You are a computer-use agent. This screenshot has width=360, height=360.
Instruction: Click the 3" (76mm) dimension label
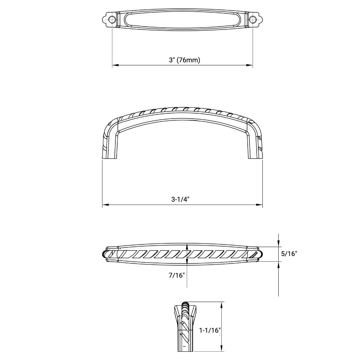[184, 60]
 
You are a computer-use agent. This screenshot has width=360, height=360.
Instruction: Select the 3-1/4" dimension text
[180, 199]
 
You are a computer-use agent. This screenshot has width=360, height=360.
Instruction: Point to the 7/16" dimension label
[177, 275]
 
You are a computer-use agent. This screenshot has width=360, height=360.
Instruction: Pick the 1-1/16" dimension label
[210, 330]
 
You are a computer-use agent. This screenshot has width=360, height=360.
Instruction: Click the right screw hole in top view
[253, 19]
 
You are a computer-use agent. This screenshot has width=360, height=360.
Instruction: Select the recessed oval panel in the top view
[183, 19]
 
